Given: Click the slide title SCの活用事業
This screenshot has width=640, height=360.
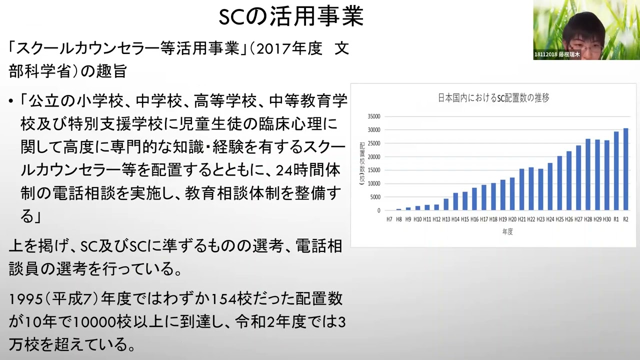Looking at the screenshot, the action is click(291, 16).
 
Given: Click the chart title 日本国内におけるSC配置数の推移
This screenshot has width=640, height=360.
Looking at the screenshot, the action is click(493, 98).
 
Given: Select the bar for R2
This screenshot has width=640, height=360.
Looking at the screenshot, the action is click(625, 169).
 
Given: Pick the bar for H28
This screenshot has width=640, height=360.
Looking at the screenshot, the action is click(588, 174).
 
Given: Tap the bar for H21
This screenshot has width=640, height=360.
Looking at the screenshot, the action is click(521, 189).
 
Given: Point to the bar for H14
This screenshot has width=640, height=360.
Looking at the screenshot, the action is click(455, 201).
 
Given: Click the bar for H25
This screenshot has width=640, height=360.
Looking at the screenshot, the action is click(559, 183).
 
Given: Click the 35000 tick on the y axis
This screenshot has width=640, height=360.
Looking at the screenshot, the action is click(374, 116).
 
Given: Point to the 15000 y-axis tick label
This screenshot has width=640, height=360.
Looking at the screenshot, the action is click(374, 170).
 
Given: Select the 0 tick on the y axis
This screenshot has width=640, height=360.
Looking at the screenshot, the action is click(379, 210).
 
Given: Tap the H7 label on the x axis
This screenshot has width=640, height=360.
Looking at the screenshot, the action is click(389, 219).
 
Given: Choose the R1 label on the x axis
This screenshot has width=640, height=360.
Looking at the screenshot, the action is click(616, 219).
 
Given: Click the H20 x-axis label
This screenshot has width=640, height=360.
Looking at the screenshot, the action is click(512, 219).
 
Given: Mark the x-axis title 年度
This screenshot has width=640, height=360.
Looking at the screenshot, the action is click(507, 231).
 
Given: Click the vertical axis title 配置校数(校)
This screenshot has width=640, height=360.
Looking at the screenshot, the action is click(362, 164).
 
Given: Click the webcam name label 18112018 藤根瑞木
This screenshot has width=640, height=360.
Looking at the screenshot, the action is click(557, 54).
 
